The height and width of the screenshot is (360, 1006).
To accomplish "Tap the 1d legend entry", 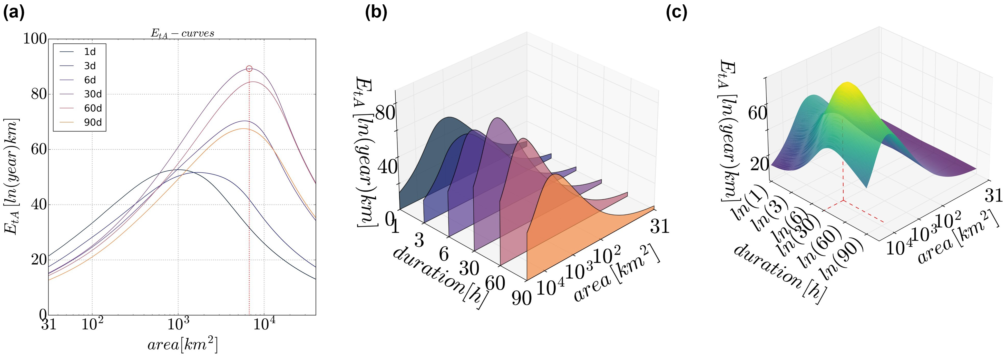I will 90,52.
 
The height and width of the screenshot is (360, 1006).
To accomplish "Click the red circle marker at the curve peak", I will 249,69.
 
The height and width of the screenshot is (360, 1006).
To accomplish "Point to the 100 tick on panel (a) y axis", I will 35,39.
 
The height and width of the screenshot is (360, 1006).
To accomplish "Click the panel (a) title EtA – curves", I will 182,33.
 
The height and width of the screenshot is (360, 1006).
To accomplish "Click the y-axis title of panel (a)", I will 12,177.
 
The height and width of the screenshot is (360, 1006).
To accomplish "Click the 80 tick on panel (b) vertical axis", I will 385,113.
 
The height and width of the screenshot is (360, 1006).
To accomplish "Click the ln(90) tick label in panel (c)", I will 844,260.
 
